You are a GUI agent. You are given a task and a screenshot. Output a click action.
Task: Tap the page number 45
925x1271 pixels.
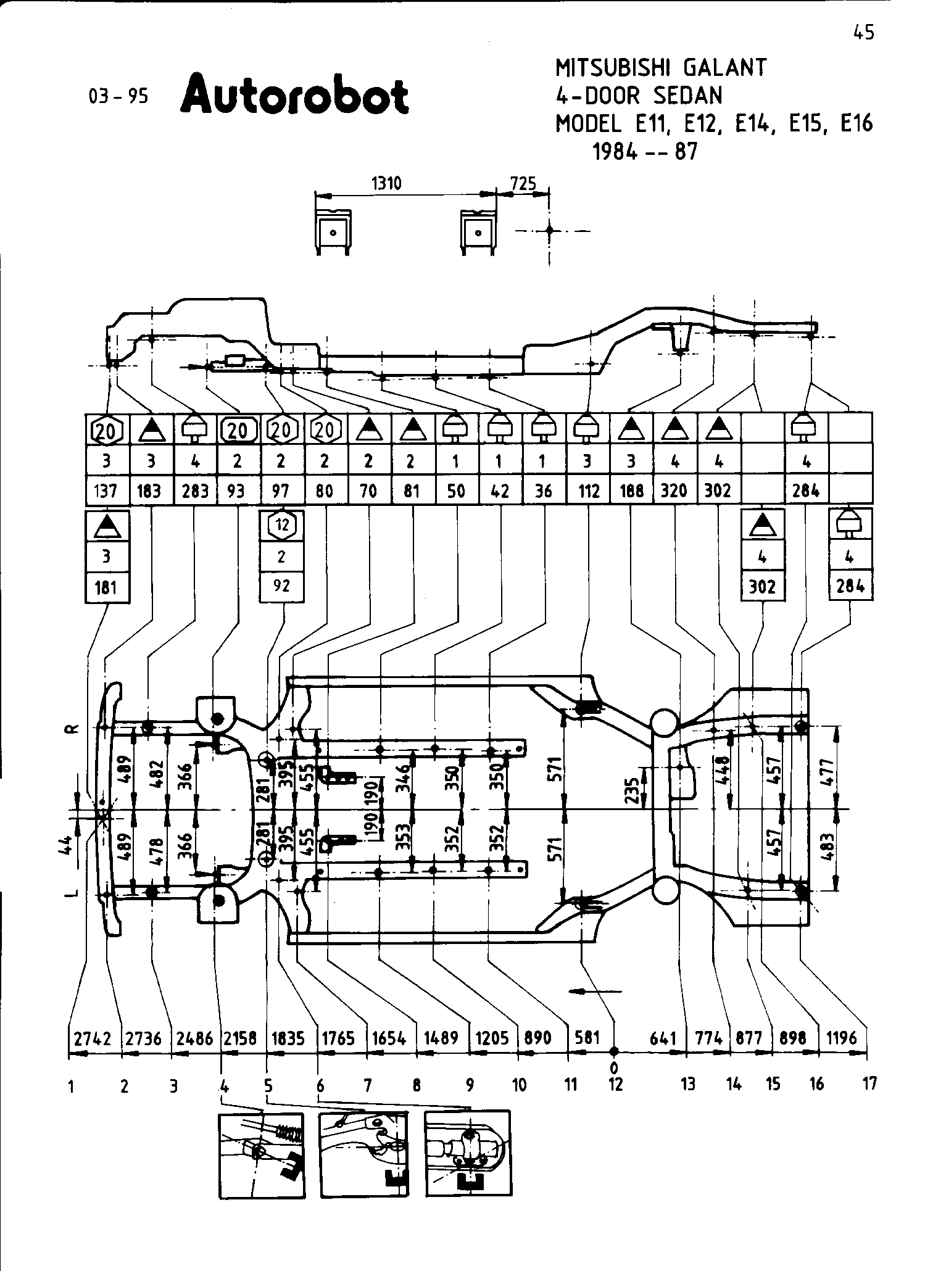(x=864, y=33)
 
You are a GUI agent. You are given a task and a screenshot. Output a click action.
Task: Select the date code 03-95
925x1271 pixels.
(x=118, y=97)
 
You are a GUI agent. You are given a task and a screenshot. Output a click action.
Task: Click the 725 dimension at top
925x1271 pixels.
(x=523, y=183)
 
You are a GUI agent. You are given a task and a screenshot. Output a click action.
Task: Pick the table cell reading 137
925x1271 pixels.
(x=106, y=491)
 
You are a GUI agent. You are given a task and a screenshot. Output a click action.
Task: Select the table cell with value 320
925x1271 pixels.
(x=675, y=491)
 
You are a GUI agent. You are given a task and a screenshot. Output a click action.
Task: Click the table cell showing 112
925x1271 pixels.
(x=588, y=491)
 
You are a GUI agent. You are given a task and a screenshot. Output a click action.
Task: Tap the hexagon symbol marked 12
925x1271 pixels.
(x=282, y=525)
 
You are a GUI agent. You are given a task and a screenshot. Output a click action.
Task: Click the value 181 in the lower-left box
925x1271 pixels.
(x=106, y=586)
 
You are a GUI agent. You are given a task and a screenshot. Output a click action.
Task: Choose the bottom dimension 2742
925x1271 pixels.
(x=93, y=1038)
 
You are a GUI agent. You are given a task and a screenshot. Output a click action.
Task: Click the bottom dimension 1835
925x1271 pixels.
(x=288, y=1038)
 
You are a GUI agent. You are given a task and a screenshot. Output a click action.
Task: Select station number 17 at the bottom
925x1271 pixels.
(x=869, y=1084)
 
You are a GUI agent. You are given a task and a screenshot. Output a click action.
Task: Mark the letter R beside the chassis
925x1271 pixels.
(x=72, y=729)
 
